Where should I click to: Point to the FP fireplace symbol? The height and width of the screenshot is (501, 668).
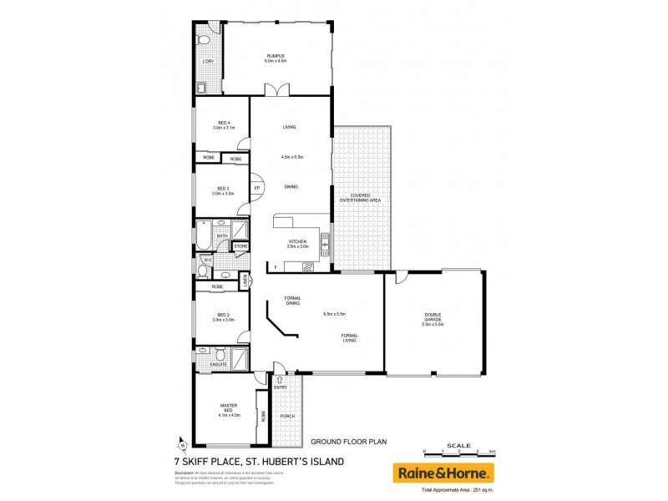coord(257,188)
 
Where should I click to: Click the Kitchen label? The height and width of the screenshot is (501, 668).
coord(298,244)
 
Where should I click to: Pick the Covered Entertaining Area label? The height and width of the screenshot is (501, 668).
coord(360,198)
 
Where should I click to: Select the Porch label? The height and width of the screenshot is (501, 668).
coord(286,416)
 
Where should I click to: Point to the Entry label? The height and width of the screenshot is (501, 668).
coord(280,387)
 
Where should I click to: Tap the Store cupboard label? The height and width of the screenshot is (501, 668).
coord(240,246)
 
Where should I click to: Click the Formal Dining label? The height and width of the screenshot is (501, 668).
coord(292,301)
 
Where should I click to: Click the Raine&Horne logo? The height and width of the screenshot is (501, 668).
coord(443,473)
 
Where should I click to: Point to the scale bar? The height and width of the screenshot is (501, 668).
coord(458,452)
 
